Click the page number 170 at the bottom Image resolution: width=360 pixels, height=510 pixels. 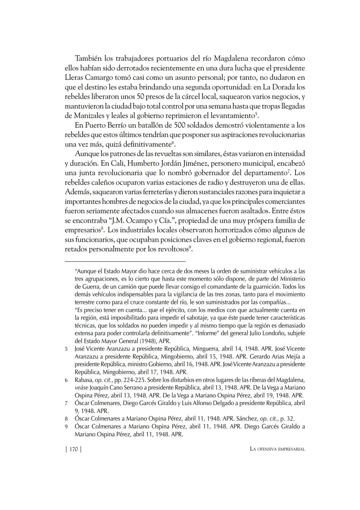(x=73, y=449)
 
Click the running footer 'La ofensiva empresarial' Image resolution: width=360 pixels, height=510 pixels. (x=277, y=449)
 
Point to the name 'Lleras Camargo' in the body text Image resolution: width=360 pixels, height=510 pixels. (x=89, y=78)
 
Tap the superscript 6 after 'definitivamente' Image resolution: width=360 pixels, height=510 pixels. (x=173, y=143)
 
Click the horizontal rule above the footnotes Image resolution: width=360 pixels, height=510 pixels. (x=125, y=261)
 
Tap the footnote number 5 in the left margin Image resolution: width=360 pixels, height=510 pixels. (x=66, y=349)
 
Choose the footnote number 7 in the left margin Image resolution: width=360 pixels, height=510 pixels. (x=66, y=403)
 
